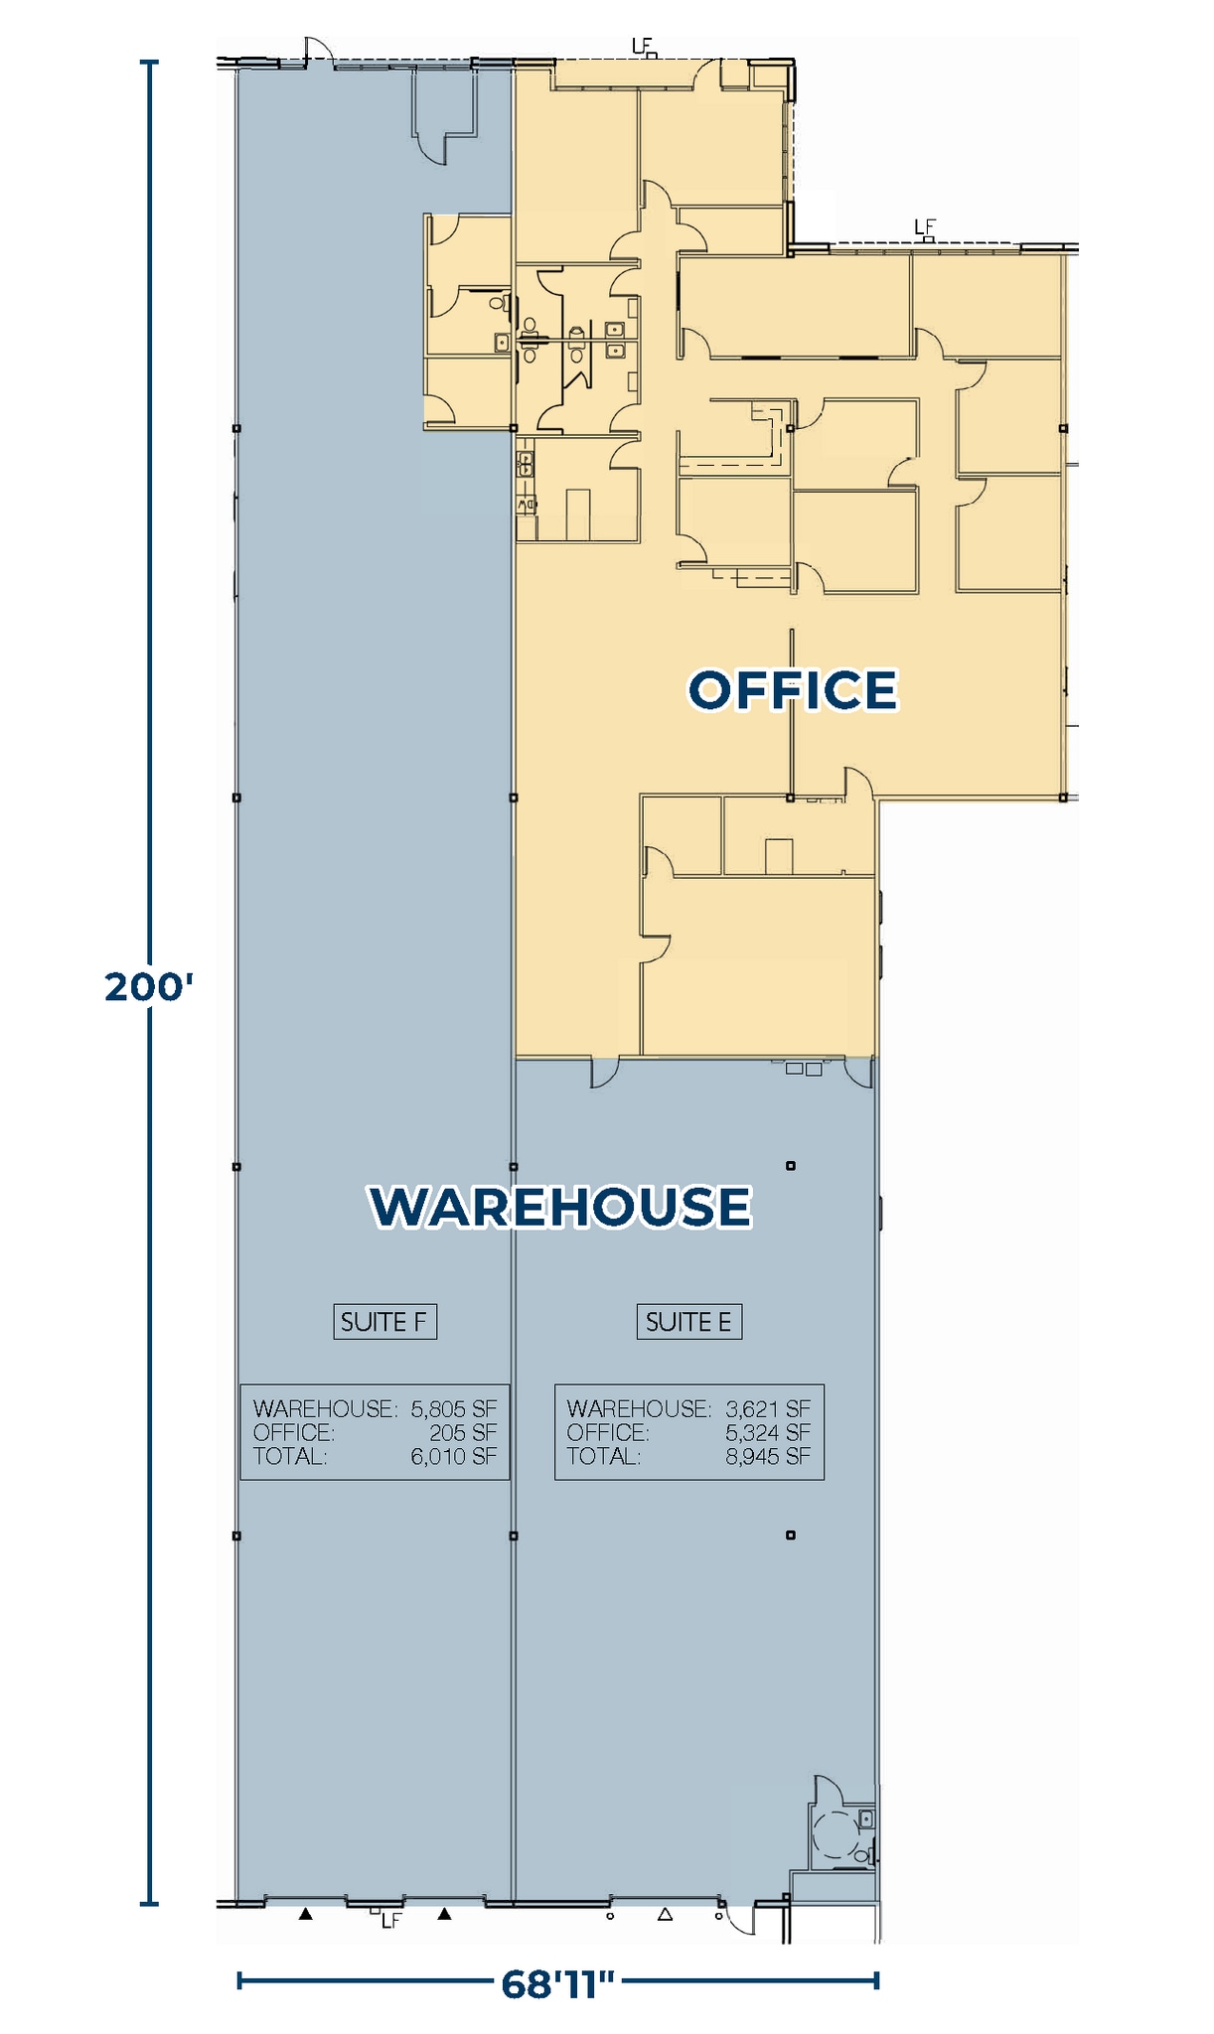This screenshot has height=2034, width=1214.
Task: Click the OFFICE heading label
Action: point(793,690)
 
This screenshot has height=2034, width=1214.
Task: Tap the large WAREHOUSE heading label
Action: point(561,1207)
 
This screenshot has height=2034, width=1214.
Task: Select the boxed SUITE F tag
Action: point(384,1322)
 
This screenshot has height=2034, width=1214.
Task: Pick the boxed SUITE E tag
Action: point(688,1322)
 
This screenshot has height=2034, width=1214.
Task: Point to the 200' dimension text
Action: point(149,987)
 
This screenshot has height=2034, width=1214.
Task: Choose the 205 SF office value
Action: point(464,1432)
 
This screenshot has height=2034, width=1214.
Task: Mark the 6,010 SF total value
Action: point(454,1456)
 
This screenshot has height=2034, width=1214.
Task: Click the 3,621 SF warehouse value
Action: point(768,1408)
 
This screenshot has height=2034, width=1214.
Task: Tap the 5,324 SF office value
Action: point(768,1432)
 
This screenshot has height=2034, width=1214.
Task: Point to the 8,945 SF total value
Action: point(768,1456)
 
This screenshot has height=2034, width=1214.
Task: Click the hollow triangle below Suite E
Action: point(666,1914)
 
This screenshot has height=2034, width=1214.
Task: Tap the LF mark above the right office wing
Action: point(925,227)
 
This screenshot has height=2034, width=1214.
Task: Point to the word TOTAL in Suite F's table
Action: point(289,1456)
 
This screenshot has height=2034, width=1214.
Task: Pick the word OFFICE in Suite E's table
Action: point(608,1432)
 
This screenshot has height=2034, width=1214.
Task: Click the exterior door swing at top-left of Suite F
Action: point(318,50)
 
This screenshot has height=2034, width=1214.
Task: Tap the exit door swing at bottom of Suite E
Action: point(740,1919)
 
